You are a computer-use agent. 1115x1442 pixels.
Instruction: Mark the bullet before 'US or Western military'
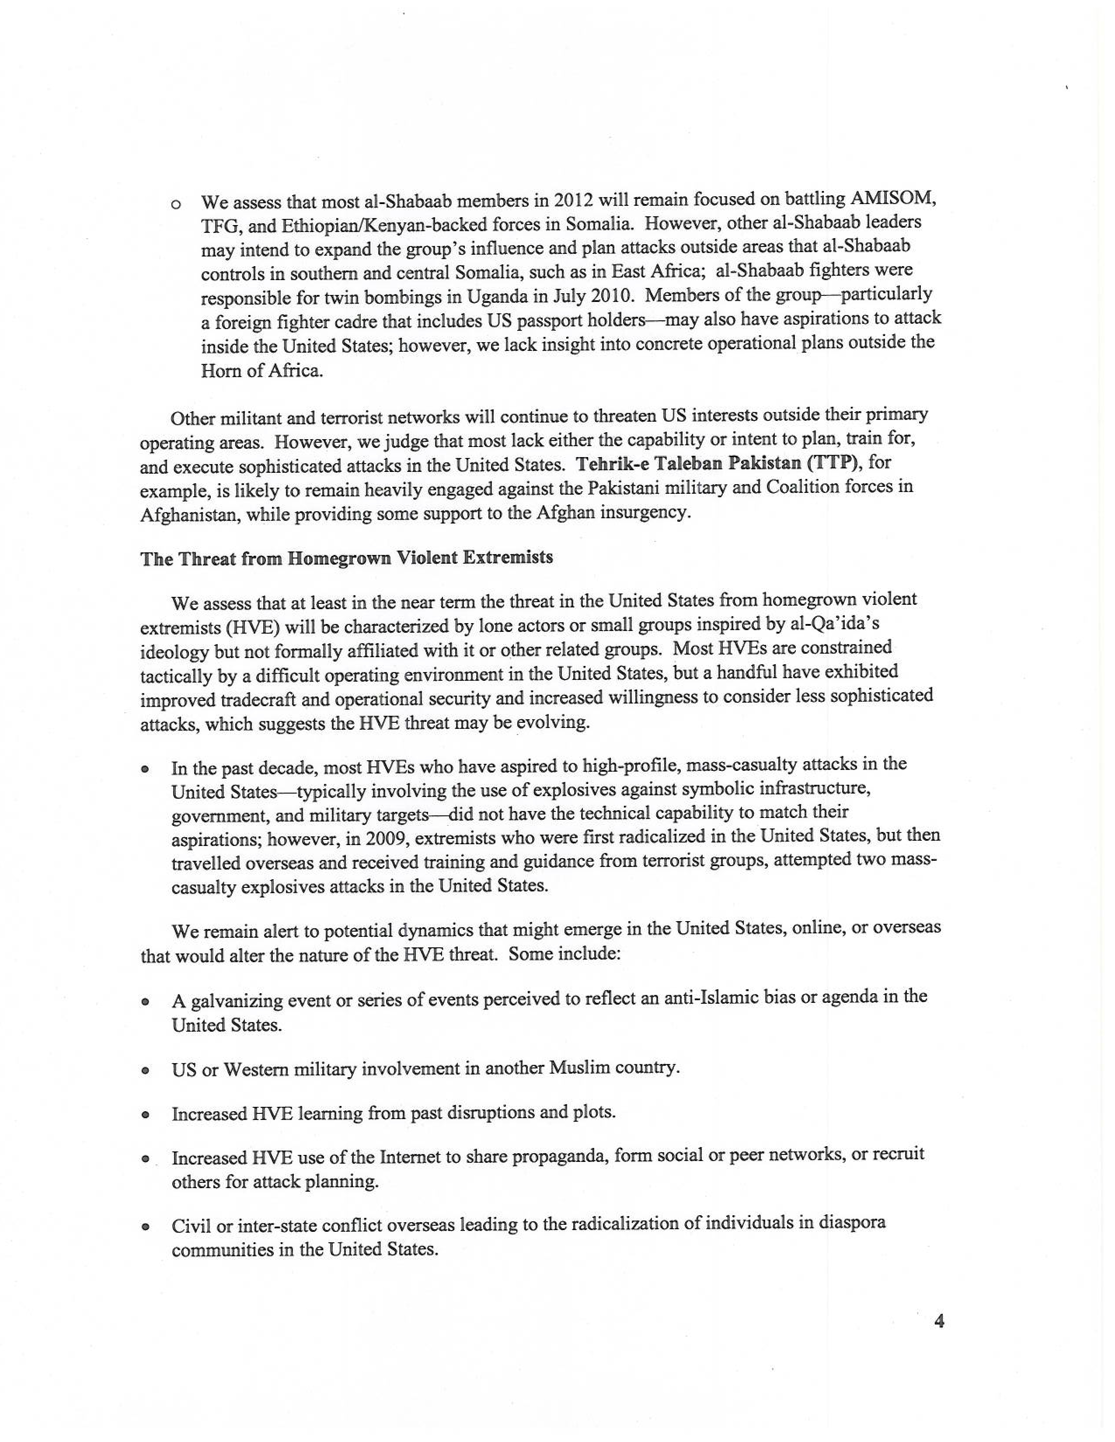(x=143, y=1071)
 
